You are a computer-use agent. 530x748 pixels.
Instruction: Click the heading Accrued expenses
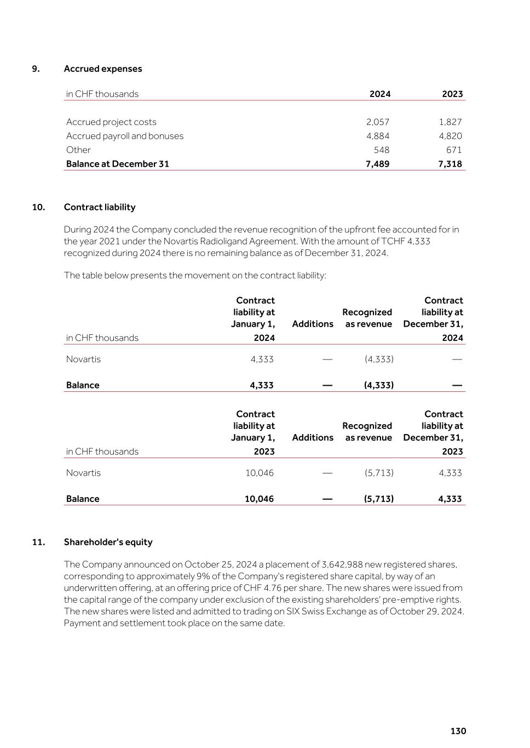click(103, 68)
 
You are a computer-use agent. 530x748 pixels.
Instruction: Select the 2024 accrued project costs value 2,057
click(378, 122)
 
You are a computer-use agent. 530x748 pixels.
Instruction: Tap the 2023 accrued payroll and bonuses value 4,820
click(451, 136)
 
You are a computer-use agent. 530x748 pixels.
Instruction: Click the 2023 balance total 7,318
click(450, 164)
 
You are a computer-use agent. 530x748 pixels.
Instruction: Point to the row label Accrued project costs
click(111, 122)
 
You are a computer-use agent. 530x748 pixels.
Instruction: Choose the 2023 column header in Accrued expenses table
click(452, 94)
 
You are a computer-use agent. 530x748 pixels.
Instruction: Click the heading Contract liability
click(100, 207)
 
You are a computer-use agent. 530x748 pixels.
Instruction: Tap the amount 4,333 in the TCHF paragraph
click(419, 241)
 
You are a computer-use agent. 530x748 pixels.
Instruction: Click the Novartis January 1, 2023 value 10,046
click(260, 473)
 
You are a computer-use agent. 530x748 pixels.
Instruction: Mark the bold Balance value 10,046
click(259, 499)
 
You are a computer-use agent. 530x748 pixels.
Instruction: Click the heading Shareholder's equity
click(108, 542)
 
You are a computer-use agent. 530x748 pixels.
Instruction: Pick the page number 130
click(458, 731)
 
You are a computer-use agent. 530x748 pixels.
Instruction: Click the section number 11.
click(38, 542)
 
